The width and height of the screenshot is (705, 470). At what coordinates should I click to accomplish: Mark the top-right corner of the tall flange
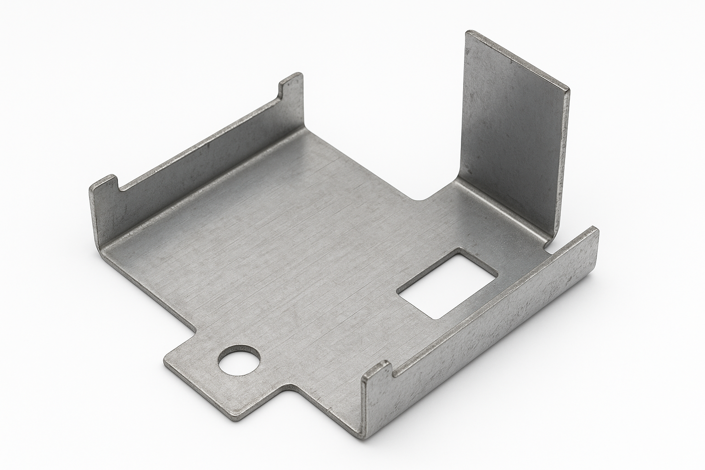(x=568, y=88)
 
